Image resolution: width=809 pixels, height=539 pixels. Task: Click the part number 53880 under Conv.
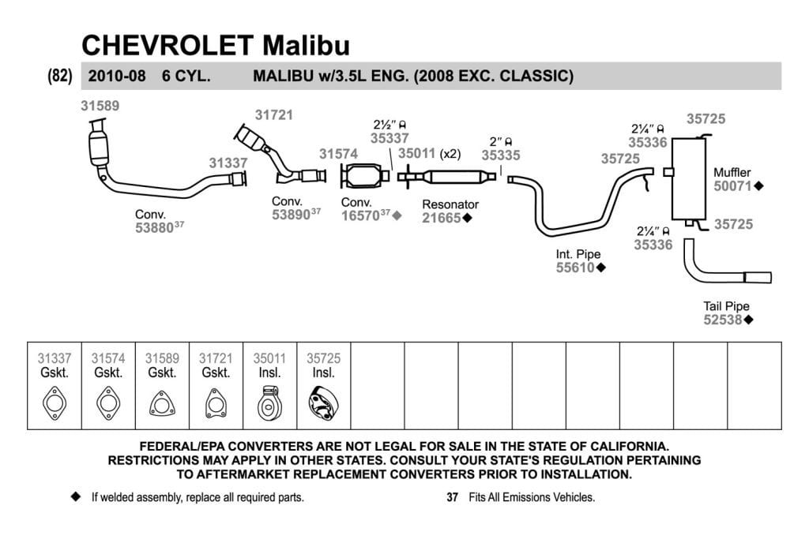pyautogui.click(x=154, y=228)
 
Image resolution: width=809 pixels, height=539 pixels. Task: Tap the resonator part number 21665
pyautogui.click(x=441, y=218)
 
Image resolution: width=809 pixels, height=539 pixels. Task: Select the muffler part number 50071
pyautogui.click(x=732, y=186)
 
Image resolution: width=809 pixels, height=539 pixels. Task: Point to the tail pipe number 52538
pyautogui.click(x=722, y=320)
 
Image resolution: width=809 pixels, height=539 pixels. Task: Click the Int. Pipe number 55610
pyautogui.click(x=575, y=268)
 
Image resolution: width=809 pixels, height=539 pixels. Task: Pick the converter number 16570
pyautogui.click(x=360, y=216)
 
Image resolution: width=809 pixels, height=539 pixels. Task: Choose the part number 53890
pyautogui.click(x=291, y=215)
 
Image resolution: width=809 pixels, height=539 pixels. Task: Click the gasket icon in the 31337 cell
pyautogui.click(x=55, y=403)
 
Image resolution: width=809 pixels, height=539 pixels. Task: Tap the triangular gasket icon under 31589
pyautogui.click(x=162, y=403)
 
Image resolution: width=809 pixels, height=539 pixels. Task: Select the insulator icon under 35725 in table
pyautogui.click(x=323, y=403)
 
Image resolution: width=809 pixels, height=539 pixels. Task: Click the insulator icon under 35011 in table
pyautogui.click(x=269, y=404)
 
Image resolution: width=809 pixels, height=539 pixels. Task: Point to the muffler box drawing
pyautogui.click(x=688, y=178)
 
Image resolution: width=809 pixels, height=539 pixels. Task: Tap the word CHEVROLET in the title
pyautogui.click(x=167, y=45)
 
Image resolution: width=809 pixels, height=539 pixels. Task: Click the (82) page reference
pyautogui.click(x=60, y=76)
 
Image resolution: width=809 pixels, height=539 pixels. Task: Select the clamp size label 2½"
pyautogui.click(x=385, y=125)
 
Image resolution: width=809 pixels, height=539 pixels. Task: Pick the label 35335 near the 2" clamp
pyautogui.click(x=500, y=155)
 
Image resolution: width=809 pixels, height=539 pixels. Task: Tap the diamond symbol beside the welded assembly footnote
pyautogui.click(x=76, y=496)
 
